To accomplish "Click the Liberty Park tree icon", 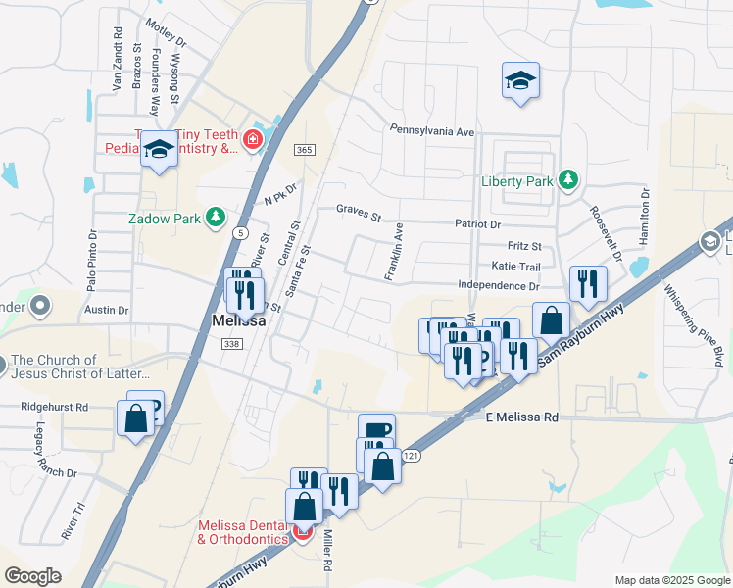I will coord(566,180).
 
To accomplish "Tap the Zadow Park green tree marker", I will coord(216,218).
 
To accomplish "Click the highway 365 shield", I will coord(303,148).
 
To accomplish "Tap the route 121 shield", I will coord(412,456).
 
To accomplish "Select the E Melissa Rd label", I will coord(522,417).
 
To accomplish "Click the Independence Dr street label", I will coord(499,286).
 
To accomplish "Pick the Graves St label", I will coord(358,210).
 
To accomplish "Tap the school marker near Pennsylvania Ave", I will coord(520,81).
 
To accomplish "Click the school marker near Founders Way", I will coord(157,149).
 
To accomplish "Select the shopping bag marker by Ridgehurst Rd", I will coord(135,418).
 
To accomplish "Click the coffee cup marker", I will coord(376,430).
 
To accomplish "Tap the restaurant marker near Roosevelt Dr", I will coord(587,284).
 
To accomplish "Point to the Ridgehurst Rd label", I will coord(55,406).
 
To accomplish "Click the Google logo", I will coord(32,576).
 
